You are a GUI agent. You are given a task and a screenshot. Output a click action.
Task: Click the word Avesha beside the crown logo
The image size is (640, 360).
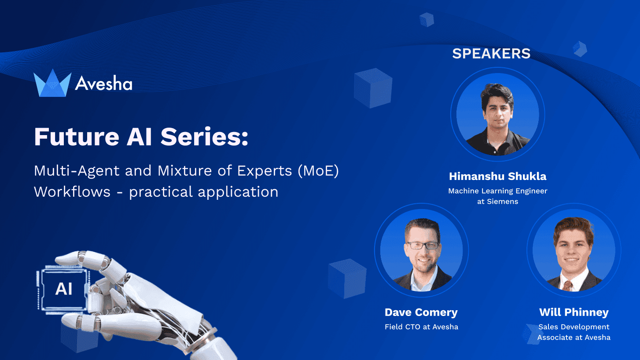pyautogui.click(x=103, y=83)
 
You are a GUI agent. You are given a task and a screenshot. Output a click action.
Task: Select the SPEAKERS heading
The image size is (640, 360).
pyautogui.click(x=491, y=54)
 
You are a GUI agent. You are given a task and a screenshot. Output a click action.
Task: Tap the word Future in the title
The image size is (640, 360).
pyautogui.click(x=76, y=137)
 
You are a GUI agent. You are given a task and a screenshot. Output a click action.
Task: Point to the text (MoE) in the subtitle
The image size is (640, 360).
pyautogui.click(x=318, y=171)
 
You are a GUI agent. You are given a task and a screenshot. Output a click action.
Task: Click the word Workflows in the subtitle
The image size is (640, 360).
pyautogui.click(x=72, y=192)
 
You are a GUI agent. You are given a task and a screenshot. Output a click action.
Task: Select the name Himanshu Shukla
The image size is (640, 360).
pyautogui.click(x=497, y=176)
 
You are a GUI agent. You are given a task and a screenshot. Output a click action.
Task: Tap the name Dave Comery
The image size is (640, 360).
pyautogui.click(x=421, y=312)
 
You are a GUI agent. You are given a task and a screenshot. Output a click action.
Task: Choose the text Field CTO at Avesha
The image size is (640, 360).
pyautogui.click(x=421, y=327)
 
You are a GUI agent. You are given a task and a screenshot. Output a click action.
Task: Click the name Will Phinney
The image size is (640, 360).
pyautogui.click(x=574, y=312)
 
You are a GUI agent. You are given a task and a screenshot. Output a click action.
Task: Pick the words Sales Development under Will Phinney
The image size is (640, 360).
pyautogui.click(x=574, y=327)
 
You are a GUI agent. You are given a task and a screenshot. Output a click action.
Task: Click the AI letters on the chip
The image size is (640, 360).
pyautogui.click(x=64, y=289)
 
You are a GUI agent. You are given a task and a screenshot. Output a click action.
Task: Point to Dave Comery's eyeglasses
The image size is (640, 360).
pyautogui.click(x=422, y=246)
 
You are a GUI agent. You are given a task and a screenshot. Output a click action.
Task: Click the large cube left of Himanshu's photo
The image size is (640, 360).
pyautogui.click(x=373, y=88)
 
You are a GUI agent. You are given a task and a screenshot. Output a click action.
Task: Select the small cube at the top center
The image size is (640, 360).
pyautogui.click(x=427, y=19)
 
